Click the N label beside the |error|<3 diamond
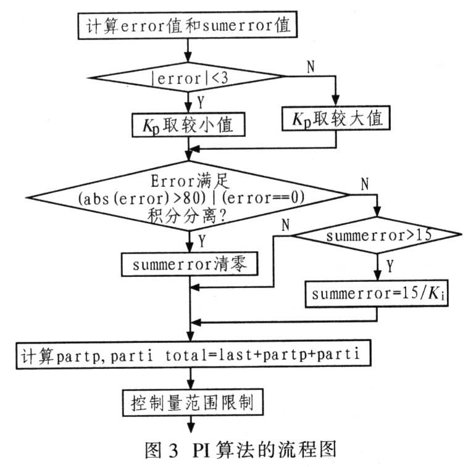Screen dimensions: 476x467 [311, 67]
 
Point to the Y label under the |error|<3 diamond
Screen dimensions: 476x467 [201, 102]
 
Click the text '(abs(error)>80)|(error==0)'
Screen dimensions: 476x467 [191, 198]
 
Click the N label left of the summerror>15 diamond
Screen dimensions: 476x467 [285, 225]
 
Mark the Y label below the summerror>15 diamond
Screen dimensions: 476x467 [390, 266]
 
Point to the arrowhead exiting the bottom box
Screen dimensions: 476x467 [191, 428]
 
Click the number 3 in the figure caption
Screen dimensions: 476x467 [173, 450]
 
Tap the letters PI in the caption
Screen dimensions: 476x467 [201, 450]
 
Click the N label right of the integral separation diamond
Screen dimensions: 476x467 [365, 184]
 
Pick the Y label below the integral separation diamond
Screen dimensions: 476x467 [202, 241]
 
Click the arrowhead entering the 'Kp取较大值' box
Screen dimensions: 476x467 [335, 100]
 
